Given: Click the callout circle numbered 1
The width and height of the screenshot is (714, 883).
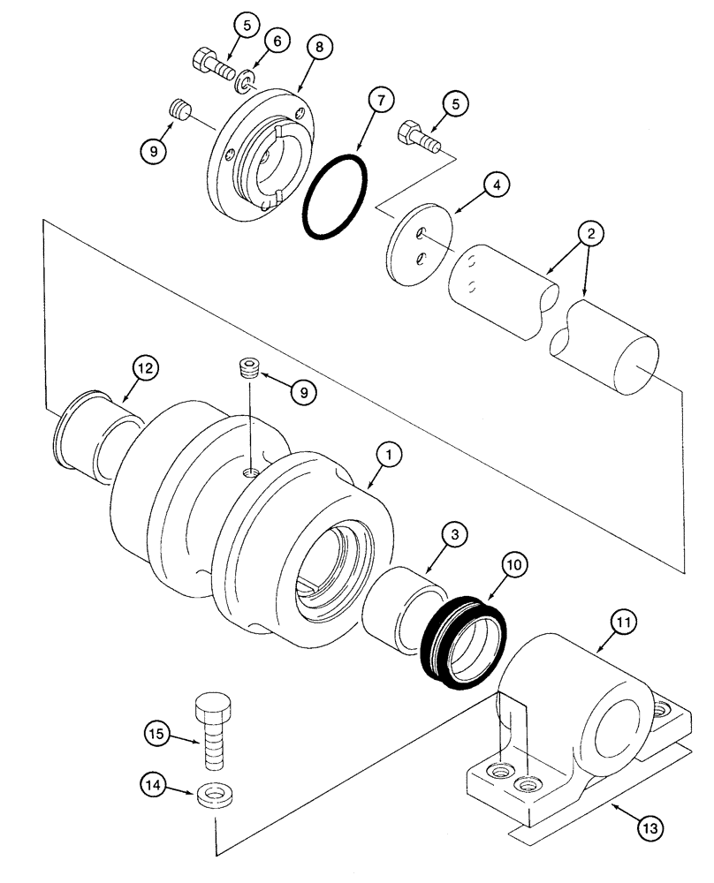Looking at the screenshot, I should [x=388, y=455].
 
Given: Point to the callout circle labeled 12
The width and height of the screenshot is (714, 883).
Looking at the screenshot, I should [x=146, y=367].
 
